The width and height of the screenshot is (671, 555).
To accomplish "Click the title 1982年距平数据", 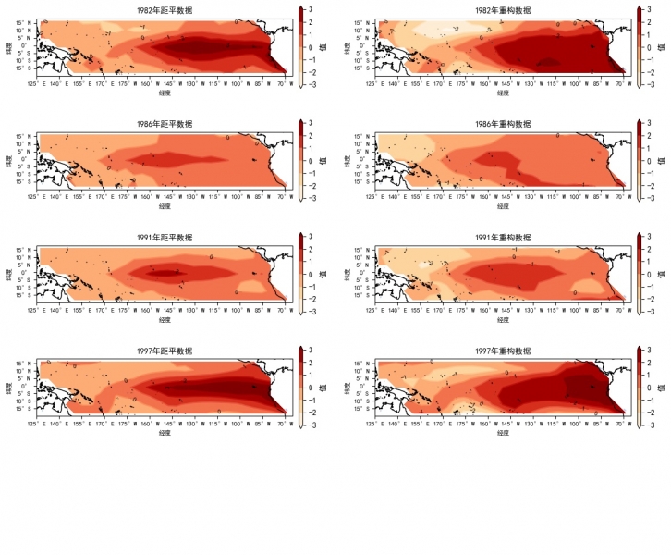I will (x=165, y=9).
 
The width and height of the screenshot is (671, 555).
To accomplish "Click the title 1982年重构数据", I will (x=503, y=9).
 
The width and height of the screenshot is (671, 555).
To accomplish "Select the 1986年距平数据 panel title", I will (x=165, y=124).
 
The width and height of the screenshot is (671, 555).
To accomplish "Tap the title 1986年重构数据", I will (x=503, y=124).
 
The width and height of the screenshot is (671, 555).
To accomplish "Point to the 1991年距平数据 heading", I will (x=165, y=238).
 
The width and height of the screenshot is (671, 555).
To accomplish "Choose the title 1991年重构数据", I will (x=503, y=238).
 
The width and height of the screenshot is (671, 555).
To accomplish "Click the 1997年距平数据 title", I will (x=165, y=351).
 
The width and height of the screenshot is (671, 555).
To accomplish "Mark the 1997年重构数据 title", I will (x=503, y=351).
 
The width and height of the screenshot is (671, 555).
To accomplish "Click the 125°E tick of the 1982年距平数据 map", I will (x=33, y=82).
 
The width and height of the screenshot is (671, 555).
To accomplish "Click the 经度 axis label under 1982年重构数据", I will (x=503, y=92).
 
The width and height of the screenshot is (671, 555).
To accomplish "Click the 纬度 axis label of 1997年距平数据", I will (x=9, y=388).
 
